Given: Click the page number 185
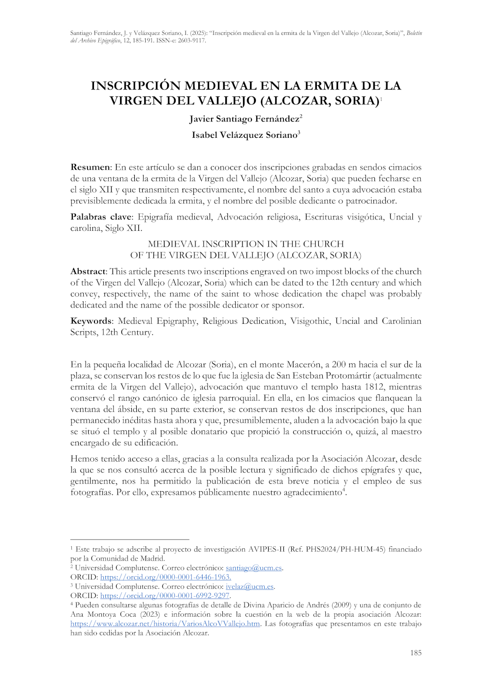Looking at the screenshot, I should coord(416,653).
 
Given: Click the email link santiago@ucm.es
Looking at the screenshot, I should coord(253,568).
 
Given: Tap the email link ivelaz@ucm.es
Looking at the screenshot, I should coord(249,587).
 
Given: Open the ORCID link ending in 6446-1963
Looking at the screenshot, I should coord(165,577).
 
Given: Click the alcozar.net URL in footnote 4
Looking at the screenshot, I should coord(165,624).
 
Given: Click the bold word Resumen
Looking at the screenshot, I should coord(91,168).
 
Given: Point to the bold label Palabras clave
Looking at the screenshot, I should coord(101,217).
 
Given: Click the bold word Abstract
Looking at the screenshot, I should coord(88,272).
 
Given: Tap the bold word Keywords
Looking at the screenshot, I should coord(91,321).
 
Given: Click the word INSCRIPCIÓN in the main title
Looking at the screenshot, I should coord(136,86).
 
